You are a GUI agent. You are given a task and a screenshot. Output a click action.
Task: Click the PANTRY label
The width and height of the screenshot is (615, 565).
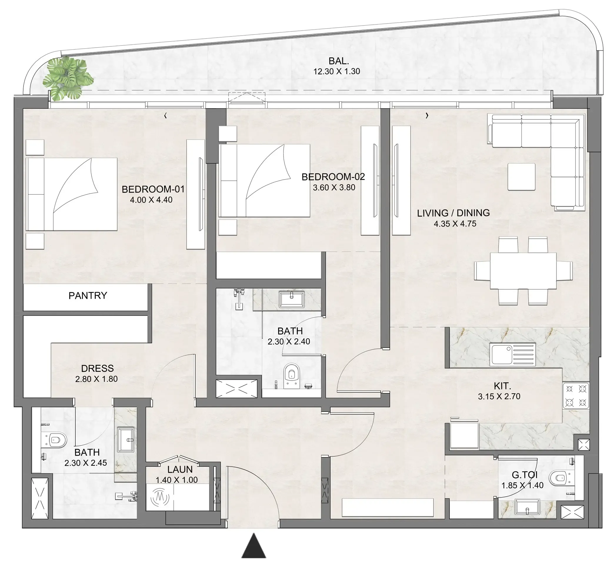point(88,296)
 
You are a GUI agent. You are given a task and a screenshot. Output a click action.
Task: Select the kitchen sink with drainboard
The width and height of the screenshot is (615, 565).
point(513,355)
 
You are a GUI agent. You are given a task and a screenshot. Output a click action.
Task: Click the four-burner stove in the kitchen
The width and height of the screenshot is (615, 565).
point(576,396)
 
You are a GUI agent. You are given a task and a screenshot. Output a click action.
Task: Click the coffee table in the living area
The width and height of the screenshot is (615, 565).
point(521,177)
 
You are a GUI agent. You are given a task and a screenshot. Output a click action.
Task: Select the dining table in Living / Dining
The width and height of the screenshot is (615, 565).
point(523,271)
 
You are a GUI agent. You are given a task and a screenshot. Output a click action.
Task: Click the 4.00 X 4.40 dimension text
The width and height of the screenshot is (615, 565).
point(151,200)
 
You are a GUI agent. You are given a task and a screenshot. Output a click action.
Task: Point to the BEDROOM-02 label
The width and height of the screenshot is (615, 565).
point(333,177)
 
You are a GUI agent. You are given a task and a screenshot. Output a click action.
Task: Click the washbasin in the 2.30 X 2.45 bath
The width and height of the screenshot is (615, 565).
point(126,440)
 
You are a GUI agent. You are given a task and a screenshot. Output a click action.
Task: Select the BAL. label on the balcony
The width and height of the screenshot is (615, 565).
point(339,61)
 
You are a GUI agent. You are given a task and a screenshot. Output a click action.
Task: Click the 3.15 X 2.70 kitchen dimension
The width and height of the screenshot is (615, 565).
point(499,396)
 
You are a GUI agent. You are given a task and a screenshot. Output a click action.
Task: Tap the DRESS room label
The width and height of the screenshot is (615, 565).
point(97,368)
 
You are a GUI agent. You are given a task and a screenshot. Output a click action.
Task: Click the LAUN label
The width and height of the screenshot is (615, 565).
point(180,469)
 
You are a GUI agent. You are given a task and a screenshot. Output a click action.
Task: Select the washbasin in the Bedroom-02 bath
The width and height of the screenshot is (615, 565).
point(291,299)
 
